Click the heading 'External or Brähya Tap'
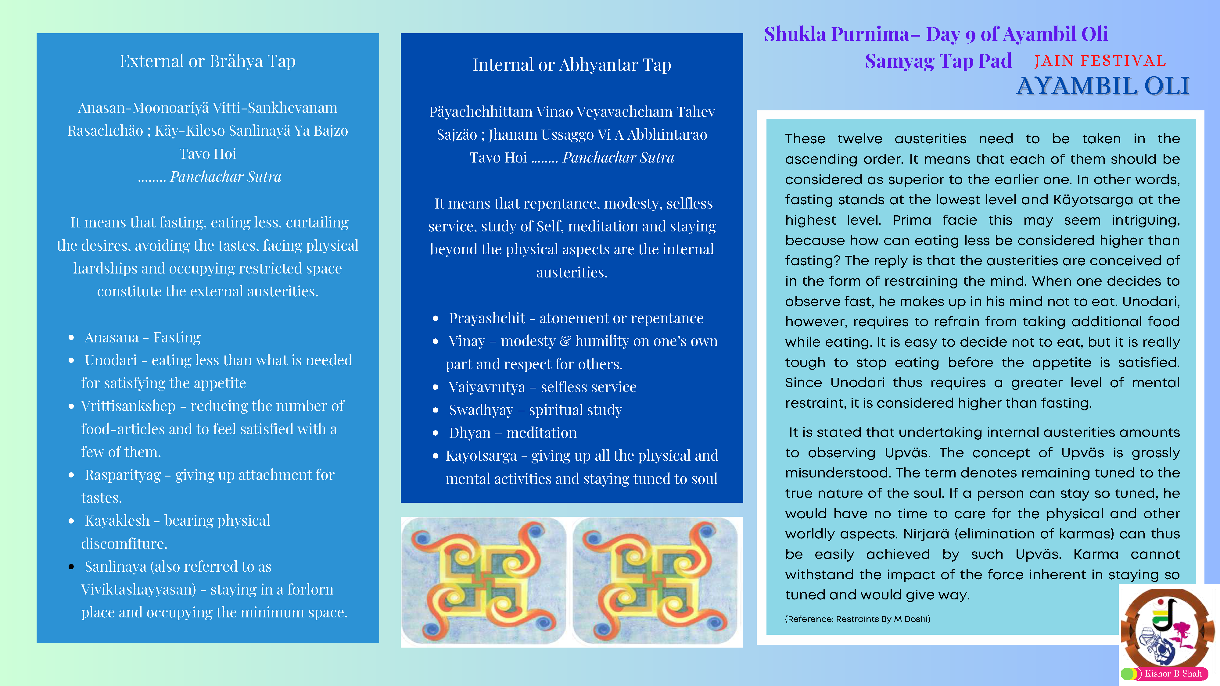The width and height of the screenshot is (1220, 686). [207, 61]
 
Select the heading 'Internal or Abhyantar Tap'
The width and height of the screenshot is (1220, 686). [572, 65]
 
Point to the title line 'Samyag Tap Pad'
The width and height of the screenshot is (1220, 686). [938, 61]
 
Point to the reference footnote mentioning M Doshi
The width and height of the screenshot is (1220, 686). [857, 619]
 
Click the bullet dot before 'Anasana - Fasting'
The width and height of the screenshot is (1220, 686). [71, 338]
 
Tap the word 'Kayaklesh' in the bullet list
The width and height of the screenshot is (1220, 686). [117, 521]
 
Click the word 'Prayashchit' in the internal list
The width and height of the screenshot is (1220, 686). [486, 318]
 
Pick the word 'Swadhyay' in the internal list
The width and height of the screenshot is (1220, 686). [481, 410]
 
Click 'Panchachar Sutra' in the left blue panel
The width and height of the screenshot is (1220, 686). [225, 177]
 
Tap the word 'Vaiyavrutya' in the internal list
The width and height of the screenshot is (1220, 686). [486, 387]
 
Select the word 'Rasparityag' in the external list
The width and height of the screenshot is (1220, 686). [123, 475]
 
